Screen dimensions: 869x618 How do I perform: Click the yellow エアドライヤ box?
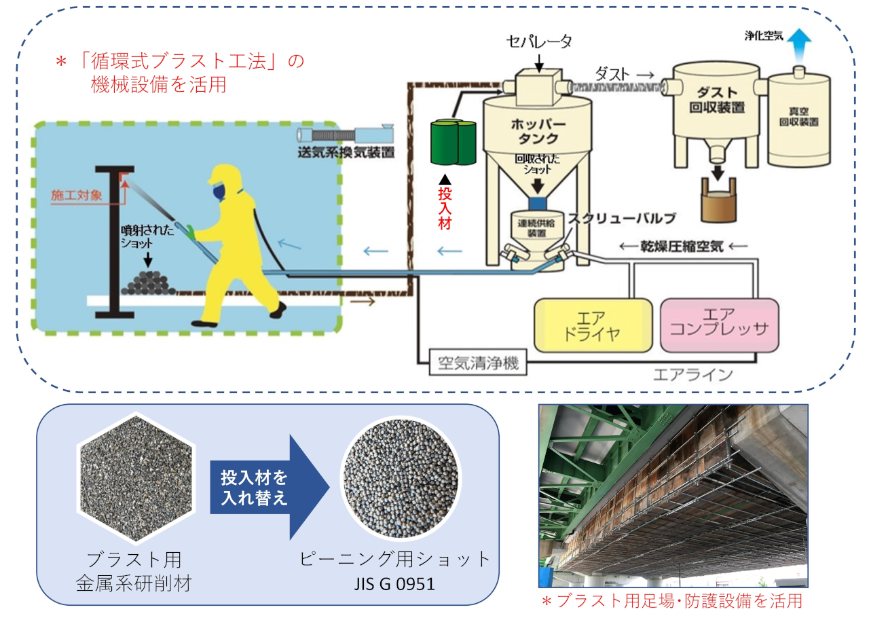point(593,325)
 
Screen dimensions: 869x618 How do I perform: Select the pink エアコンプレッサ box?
point(719,325)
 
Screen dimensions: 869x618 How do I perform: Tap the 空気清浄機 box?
point(478,363)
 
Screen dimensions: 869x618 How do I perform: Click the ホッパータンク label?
point(538,131)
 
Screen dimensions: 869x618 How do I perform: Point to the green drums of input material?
point(453,142)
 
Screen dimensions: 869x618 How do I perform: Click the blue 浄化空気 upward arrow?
point(799,46)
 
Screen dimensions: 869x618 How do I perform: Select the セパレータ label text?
point(539,41)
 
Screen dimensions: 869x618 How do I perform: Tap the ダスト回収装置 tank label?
point(717,100)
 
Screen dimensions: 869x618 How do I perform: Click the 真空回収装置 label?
point(799,116)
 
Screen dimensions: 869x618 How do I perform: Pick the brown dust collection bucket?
point(718,200)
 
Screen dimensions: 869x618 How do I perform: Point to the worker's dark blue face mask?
point(219,192)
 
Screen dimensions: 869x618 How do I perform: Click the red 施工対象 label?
point(77,195)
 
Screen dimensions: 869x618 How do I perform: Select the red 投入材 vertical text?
point(445,209)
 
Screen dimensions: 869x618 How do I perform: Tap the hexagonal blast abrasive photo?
point(136,478)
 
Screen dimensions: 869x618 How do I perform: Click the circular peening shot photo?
point(401,478)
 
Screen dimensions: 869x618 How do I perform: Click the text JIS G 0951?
point(395,584)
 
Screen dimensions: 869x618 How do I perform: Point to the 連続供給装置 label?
point(536,228)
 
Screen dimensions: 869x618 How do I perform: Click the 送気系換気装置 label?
point(346,152)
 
